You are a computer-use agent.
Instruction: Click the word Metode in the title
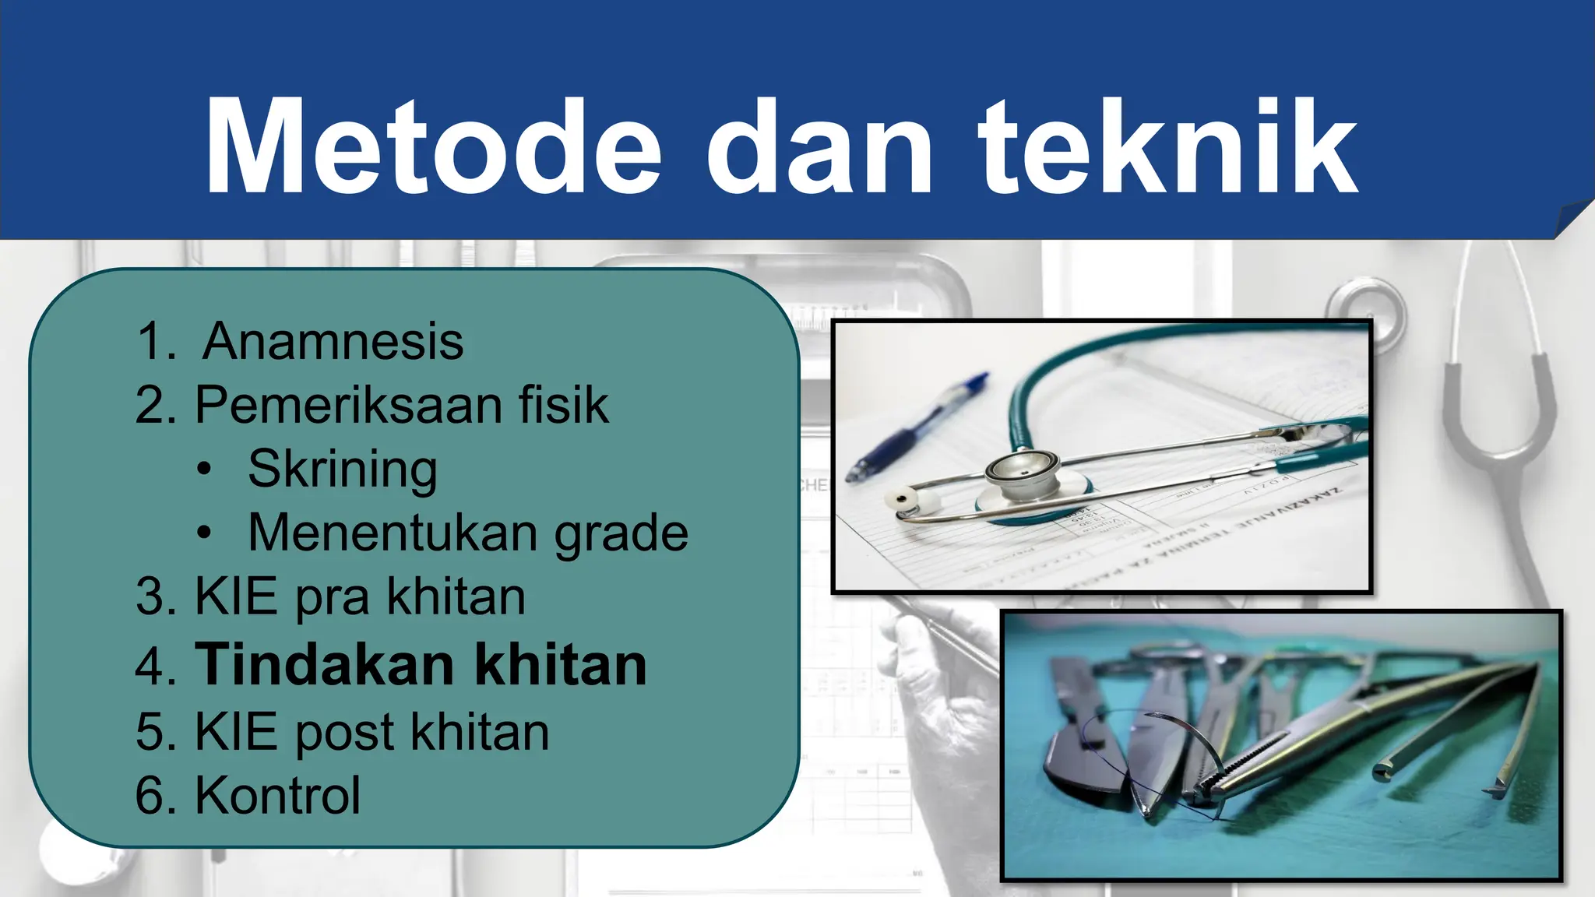(433, 147)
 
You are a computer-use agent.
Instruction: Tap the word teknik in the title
(1168, 147)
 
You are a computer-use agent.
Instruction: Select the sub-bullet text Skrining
(343, 470)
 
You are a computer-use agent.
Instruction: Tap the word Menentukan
(393, 533)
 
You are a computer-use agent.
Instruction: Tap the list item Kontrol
(278, 795)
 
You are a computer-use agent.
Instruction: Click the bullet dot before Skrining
(204, 470)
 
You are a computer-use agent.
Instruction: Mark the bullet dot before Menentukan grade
(204, 533)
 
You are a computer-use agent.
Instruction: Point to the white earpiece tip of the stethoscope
(903, 498)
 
